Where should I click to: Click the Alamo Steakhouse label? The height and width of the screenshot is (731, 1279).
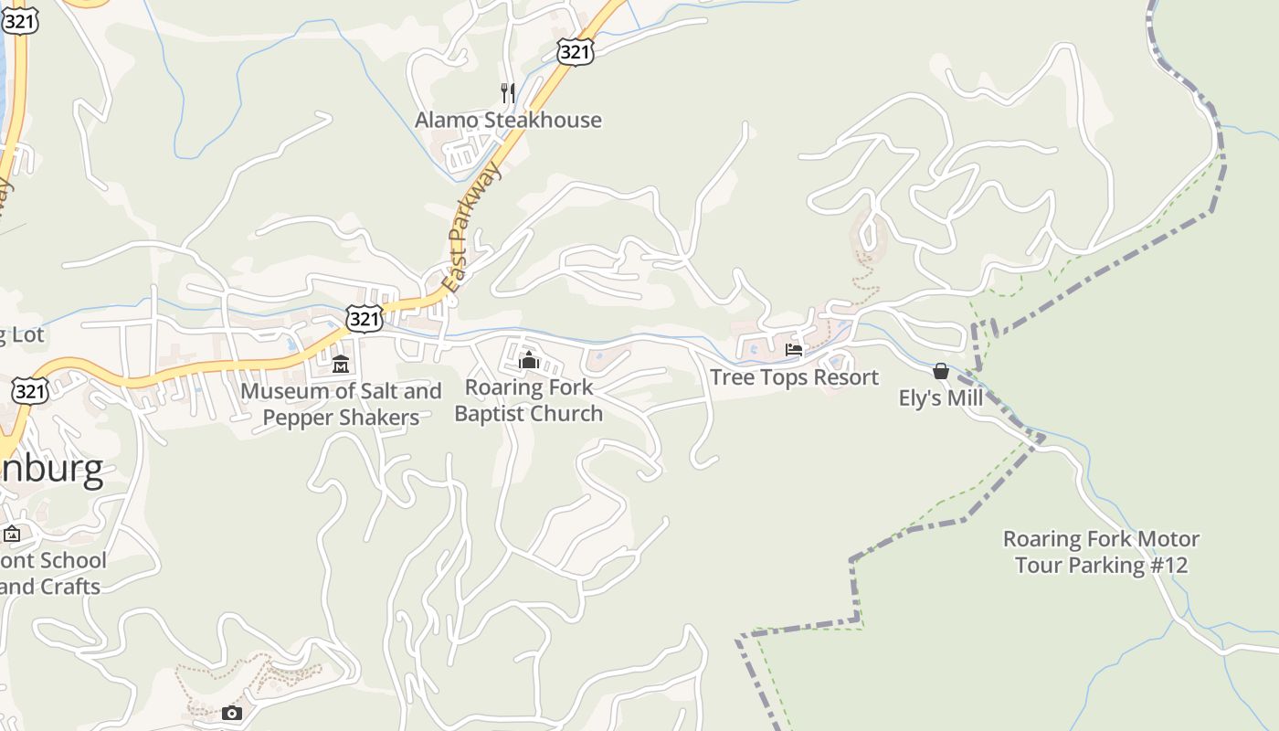(x=508, y=120)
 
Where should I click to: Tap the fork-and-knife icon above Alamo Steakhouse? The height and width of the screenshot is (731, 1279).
(x=508, y=92)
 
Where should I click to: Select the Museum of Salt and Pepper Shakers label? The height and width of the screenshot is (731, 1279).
(x=341, y=404)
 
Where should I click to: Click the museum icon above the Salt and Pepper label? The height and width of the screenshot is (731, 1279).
(x=341, y=365)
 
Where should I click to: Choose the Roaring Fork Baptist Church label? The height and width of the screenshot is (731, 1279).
(x=528, y=400)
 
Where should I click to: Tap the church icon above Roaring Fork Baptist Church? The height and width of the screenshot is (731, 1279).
(x=528, y=360)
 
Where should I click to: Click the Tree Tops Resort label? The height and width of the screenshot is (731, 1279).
(x=794, y=377)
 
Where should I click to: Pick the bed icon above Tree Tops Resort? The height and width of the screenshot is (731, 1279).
(x=794, y=350)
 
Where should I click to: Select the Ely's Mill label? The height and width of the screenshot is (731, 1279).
(x=941, y=398)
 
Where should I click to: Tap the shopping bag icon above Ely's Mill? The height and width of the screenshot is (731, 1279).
(x=941, y=371)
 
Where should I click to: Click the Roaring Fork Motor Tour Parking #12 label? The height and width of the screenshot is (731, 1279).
(x=1101, y=552)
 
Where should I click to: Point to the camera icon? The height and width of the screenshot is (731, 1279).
(x=232, y=713)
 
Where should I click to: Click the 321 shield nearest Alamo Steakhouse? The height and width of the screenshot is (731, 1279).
(x=575, y=52)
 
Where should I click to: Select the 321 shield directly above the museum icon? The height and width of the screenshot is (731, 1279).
(x=364, y=319)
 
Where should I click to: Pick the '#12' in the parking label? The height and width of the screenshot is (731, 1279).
(x=1168, y=566)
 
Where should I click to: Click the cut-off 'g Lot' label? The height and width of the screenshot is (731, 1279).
(x=21, y=335)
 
